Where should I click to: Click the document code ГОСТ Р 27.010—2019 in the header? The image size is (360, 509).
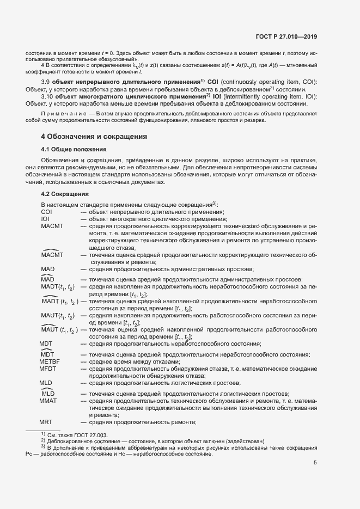pos(286,37)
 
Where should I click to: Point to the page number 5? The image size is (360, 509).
pos(315,463)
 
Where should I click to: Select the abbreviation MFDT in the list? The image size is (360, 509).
pos(48,369)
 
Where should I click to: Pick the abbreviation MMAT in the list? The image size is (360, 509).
pos(48,401)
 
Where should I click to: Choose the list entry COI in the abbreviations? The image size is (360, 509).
pos(46,212)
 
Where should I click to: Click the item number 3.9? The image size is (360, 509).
pos(46,82)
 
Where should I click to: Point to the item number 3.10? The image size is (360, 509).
pos(48,96)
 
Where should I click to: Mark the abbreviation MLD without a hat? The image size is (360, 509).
pos(46,383)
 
